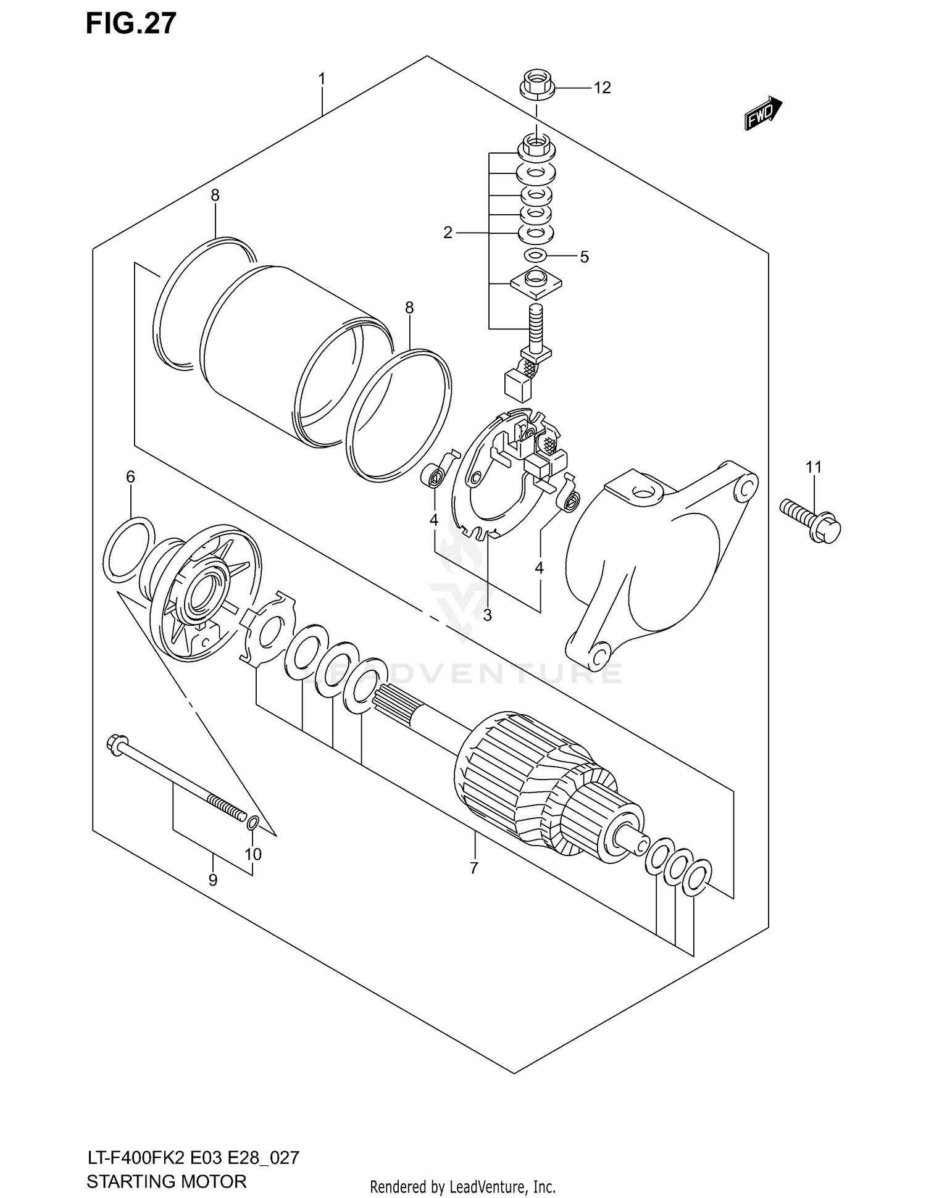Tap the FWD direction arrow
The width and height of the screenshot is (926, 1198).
tap(762, 113)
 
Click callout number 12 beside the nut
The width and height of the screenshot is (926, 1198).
tap(602, 88)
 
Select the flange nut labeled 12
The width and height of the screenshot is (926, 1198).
tap(536, 84)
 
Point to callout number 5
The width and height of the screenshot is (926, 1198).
tap(584, 256)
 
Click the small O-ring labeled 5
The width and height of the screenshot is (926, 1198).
tap(535, 255)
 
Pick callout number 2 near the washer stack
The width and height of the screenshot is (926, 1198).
tap(448, 233)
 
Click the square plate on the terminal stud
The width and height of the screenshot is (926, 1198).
tap(536, 281)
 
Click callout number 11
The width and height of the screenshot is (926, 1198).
tap(814, 467)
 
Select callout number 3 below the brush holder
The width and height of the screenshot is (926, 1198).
tap(487, 615)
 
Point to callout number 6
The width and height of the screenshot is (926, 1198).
tap(130, 476)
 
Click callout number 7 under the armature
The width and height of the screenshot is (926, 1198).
tap(473, 868)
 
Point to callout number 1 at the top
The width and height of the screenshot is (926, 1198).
tap(322, 79)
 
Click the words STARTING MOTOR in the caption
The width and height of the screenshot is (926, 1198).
tap(167, 1181)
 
